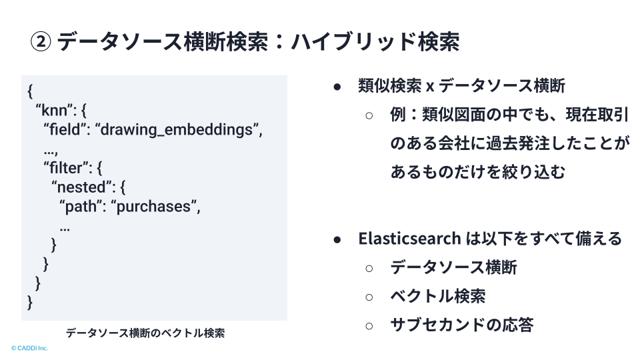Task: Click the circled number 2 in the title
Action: [41, 41]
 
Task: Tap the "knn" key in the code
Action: [54, 110]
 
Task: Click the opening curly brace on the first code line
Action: [30, 91]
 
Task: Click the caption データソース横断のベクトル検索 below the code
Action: [145, 333]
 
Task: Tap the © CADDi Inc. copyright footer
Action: [29, 348]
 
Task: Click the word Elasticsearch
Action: [410, 239]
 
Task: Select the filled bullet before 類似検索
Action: [337, 87]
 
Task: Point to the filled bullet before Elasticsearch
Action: [337, 239]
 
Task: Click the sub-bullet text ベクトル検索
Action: [438, 296]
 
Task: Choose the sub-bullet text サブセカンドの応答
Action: [462, 325]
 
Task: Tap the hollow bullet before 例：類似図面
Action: [369, 116]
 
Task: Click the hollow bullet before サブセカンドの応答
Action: [369, 326]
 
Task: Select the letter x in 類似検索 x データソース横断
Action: [430, 87]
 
